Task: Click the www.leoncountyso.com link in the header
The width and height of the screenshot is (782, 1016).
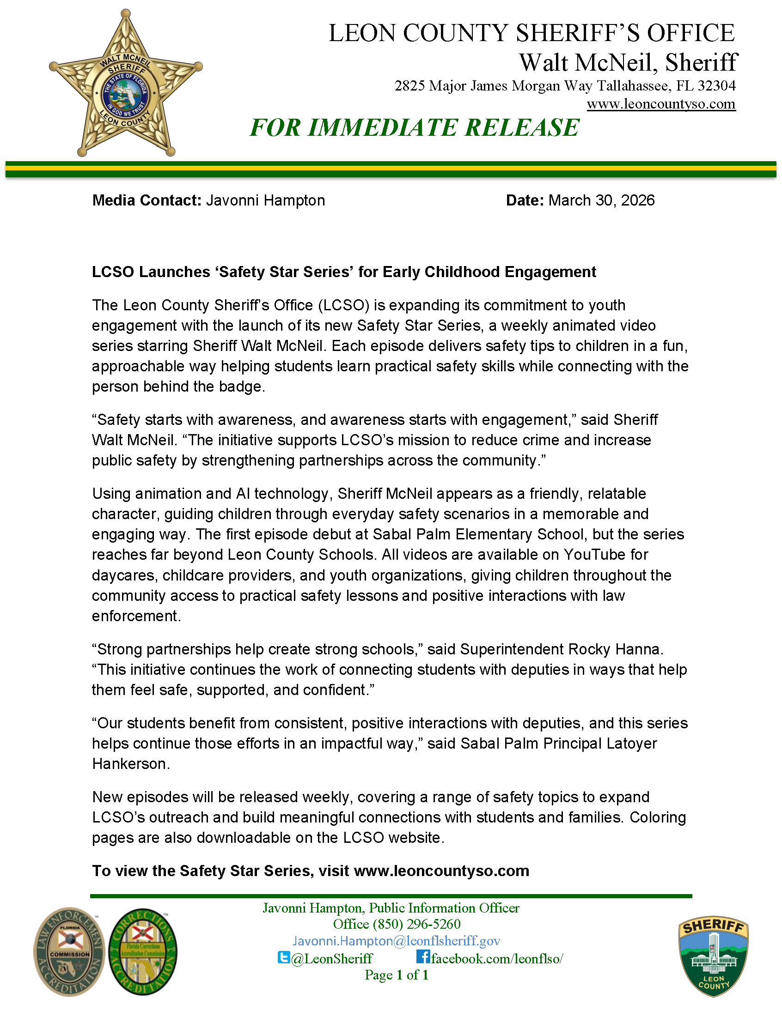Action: (x=660, y=104)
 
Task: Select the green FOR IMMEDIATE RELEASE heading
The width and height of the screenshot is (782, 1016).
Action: (x=414, y=127)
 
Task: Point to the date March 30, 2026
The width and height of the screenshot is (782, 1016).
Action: (x=601, y=200)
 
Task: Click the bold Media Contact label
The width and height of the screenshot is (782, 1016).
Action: (x=147, y=200)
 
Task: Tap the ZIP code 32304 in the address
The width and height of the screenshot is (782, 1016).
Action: (x=716, y=85)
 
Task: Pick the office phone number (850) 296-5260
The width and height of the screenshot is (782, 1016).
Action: (x=416, y=924)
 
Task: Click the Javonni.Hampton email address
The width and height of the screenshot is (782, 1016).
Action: (x=396, y=941)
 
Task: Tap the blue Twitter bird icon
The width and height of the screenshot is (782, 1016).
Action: (x=283, y=957)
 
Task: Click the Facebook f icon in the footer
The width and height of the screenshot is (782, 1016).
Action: (x=422, y=956)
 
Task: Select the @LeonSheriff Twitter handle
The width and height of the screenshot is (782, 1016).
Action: (x=332, y=958)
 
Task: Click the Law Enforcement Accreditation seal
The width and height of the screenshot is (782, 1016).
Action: (x=69, y=951)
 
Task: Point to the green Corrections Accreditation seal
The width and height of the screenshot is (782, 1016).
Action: (x=143, y=951)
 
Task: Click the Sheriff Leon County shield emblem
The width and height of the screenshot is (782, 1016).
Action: (x=713, y=956)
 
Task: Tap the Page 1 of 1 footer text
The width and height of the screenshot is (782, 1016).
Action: (x=396, y=975)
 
